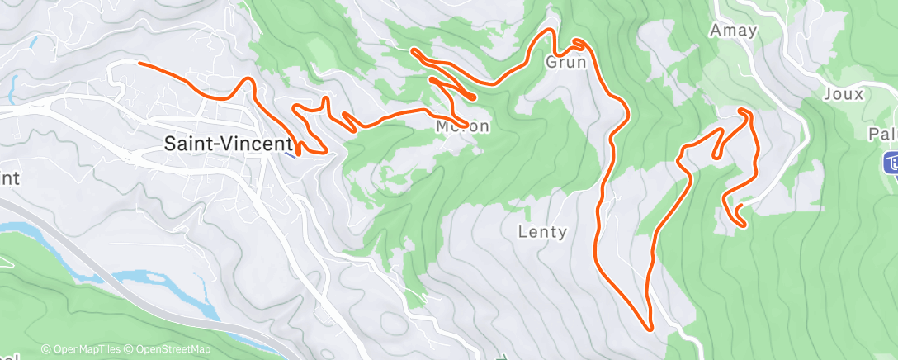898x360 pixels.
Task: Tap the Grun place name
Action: (x=565, y=62)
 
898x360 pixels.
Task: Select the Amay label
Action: (x=733, y=31)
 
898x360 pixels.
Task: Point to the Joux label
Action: (x=843, y=94)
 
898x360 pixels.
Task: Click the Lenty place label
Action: (x=542, y=232)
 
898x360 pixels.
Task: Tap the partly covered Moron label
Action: (x=463, y=127)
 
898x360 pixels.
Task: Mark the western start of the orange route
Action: (x=139, y=64)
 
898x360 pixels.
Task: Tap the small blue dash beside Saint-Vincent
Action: (x=286, y=152)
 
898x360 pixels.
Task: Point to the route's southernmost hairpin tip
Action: (x=650, y=329)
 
